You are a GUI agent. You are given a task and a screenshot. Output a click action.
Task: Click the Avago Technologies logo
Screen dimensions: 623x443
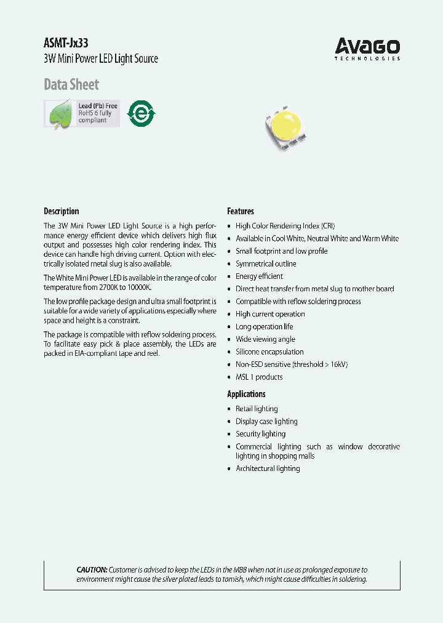tap(367, 48)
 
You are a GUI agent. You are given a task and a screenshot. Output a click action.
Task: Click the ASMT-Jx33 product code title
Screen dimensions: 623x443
tap(61, 44)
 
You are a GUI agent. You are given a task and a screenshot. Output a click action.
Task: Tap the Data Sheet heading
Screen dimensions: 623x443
tap(71, 84)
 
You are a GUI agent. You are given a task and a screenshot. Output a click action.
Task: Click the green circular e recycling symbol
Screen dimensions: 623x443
tap(141, 114)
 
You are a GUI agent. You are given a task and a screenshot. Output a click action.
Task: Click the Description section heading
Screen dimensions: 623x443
tap(62, 211)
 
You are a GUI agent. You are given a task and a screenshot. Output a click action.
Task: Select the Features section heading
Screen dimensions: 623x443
tap(241, 211)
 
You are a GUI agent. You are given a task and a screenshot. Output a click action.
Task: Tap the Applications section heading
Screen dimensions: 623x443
tap(246, 394)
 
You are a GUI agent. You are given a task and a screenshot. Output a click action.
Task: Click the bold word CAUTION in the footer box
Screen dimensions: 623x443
tap(92, 570)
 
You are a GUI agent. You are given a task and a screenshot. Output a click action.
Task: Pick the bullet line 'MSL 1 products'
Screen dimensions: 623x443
tap(259, 377)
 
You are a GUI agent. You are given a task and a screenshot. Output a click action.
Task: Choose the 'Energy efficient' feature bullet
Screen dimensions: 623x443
tap(259, 276)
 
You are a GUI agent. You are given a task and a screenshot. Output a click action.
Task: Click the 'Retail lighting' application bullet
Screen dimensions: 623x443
tap(257, 409)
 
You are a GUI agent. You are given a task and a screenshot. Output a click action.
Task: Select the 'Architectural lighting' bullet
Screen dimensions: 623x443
tap(268, 468)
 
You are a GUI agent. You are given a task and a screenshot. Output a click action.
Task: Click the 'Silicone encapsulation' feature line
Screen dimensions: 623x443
tap(269, 352)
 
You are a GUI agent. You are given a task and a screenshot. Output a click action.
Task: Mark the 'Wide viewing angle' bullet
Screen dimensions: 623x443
tap(265, 339)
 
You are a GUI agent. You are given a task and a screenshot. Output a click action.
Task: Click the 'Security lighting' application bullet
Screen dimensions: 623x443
tap(260, 434)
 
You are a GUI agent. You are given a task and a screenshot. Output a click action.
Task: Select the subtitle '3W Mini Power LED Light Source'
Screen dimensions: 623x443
tap(101, 59)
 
